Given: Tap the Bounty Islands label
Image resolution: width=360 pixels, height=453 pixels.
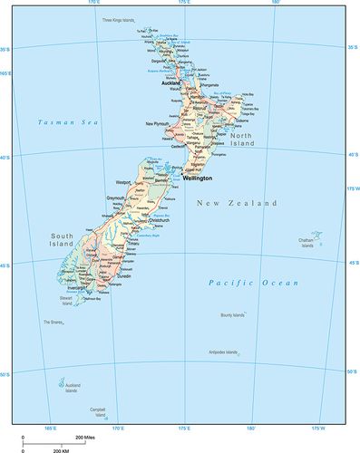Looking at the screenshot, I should pos(232,315).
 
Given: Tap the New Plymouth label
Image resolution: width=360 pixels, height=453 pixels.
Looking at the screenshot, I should pos(161,123).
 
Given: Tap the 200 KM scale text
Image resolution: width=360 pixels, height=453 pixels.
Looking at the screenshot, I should pos(61,449).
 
